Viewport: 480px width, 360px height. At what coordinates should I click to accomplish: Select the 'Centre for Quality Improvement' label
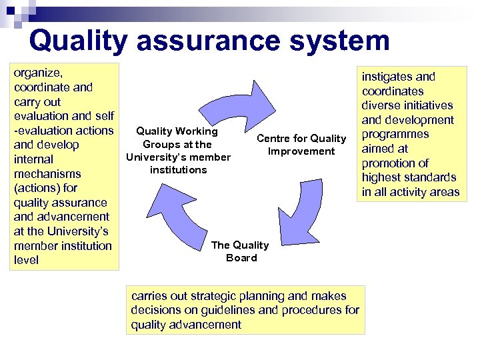[301, 145]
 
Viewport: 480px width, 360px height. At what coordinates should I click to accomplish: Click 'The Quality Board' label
[240, 251]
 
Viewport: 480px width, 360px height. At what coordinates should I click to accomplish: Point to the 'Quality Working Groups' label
[177, 151]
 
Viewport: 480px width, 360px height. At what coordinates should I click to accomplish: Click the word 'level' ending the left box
[27, 260]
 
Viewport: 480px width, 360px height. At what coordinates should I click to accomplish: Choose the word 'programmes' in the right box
[395, 134]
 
